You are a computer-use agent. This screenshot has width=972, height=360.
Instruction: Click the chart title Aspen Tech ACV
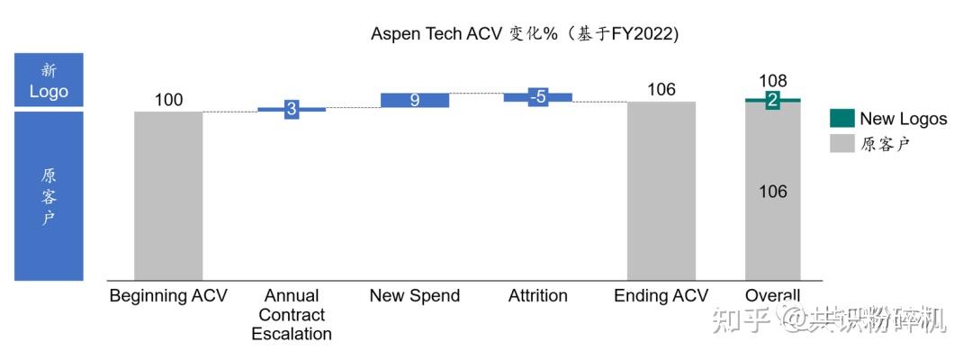click(525, 33)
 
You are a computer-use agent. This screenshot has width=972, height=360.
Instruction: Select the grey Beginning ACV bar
click(168, 194)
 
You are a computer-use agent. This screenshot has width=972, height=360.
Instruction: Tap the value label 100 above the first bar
click(168, 99)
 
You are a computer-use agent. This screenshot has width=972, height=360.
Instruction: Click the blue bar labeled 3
click(292, 109)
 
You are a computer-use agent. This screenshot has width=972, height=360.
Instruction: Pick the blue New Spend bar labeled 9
click(415, 100)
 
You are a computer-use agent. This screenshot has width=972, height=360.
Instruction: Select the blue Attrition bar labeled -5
click(537, 97)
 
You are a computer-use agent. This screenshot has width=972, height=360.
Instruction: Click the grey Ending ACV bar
click(661, 190)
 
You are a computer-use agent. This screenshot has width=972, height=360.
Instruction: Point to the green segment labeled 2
click(772, 101)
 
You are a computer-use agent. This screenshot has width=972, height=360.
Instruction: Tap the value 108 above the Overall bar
click(773, 81)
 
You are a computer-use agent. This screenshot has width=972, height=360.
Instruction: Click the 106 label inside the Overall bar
click(772, 191)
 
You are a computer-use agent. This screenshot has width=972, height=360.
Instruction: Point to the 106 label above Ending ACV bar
click(661, 89)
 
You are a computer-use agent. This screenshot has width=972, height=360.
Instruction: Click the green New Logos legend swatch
click(841, 118)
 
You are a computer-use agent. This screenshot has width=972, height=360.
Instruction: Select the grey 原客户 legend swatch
click(841, 143)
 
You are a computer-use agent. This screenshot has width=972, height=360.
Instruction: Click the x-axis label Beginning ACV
click(168, 296)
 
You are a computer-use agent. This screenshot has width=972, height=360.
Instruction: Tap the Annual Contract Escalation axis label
click(292, 315)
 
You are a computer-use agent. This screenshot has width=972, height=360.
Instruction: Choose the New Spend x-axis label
click(415, 296)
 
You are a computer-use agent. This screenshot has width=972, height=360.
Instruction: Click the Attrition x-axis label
click(537, 296)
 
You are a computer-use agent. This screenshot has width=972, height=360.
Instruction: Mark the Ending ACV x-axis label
click(661, 296)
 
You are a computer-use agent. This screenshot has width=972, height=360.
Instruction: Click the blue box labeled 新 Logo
click(49, 80)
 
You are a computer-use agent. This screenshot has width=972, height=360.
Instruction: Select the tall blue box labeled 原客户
click(49, 195)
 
